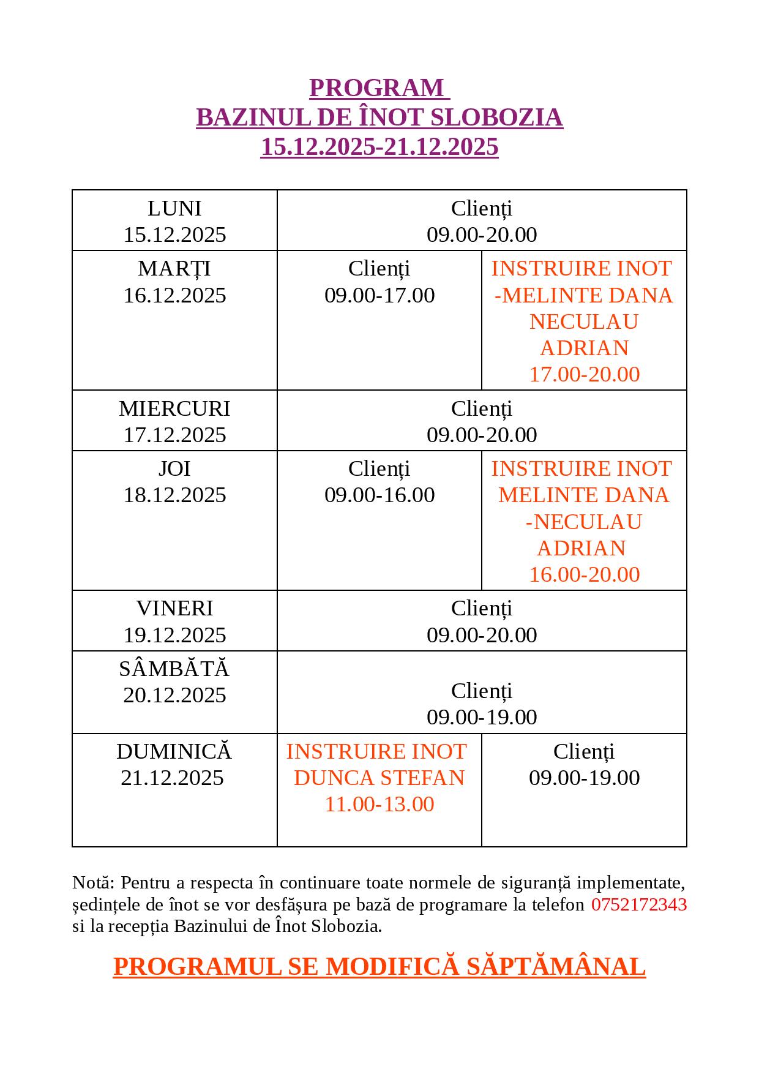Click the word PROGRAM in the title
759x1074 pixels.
(376, 88)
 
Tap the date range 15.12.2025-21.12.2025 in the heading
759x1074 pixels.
(379, 147)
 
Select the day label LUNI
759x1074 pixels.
(174, 208)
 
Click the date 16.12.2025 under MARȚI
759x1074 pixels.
(174, 295)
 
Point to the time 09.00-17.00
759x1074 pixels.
(379, 295)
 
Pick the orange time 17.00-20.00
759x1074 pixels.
(584, 374)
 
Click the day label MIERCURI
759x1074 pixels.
(174, 408)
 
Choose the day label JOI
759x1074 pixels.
(174, 468)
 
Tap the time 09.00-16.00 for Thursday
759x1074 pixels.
(379, 495)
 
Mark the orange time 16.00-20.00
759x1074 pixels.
(584, 574)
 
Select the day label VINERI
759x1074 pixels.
(174, 608)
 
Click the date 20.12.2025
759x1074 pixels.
(174, 695)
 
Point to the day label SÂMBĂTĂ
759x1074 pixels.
(174, 669)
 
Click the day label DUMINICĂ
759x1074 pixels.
(174, 751)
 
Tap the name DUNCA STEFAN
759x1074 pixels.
(379, 778)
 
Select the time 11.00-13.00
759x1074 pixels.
(379, 804)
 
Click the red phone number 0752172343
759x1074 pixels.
(639, 904)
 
